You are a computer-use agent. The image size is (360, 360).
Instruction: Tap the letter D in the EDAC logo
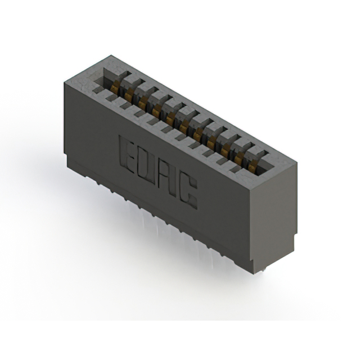(147, 161)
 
